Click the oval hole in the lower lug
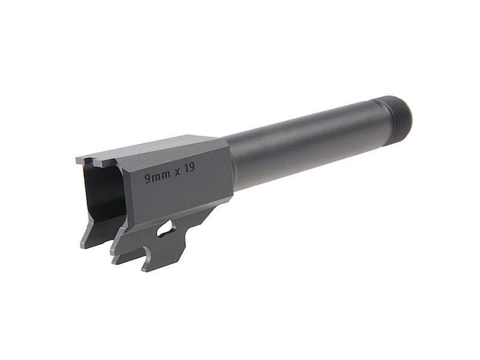(x=166, y=228)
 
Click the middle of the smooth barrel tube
(x=300, y=147)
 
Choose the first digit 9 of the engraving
(x=148, y=178)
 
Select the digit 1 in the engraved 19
(x=185, y=170)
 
